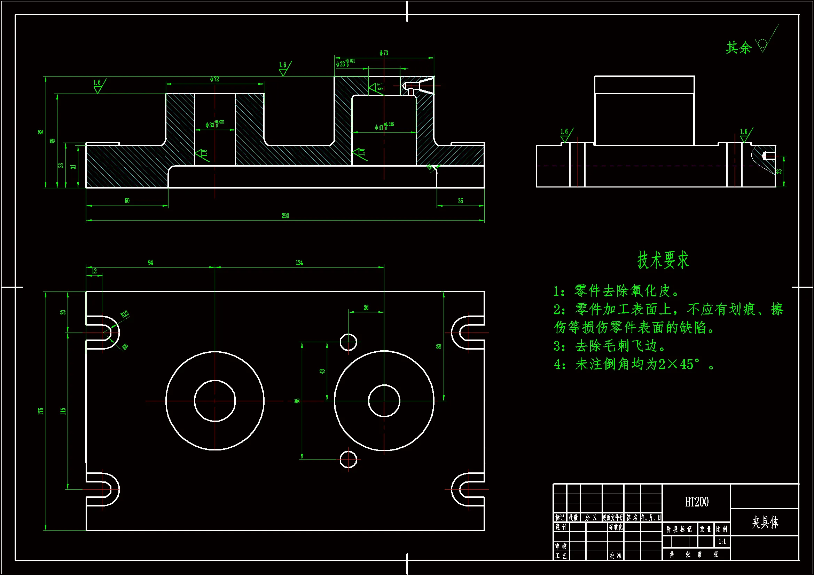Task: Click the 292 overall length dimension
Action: (x=285, y=216)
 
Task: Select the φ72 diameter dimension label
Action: (x=214, y=79)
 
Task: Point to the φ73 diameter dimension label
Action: (x=384, y=53)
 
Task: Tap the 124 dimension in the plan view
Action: (x=299, y=263)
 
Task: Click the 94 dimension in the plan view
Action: (x=150, y=263)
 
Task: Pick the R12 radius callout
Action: (x=124, y=314)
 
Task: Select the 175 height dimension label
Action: (x=41, y=411)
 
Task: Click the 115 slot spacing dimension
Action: (x=63, y=411)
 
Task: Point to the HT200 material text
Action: (x=696, y=502)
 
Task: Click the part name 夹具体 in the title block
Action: (x=765, y=522)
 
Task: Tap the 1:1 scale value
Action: (x=722, y=541)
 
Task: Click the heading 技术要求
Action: (x=663, y=260)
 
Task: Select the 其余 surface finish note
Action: (x=738, y=47)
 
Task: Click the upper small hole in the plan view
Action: (x=348, y=342)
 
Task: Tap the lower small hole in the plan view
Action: (x=348, y=460)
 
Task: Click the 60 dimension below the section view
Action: (x=127, y=201)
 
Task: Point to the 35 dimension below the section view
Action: (x=460, y=201)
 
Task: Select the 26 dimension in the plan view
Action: (x=366, y=308)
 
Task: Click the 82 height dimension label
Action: (x=41, y=132)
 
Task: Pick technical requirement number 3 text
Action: (x=610, y=346)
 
